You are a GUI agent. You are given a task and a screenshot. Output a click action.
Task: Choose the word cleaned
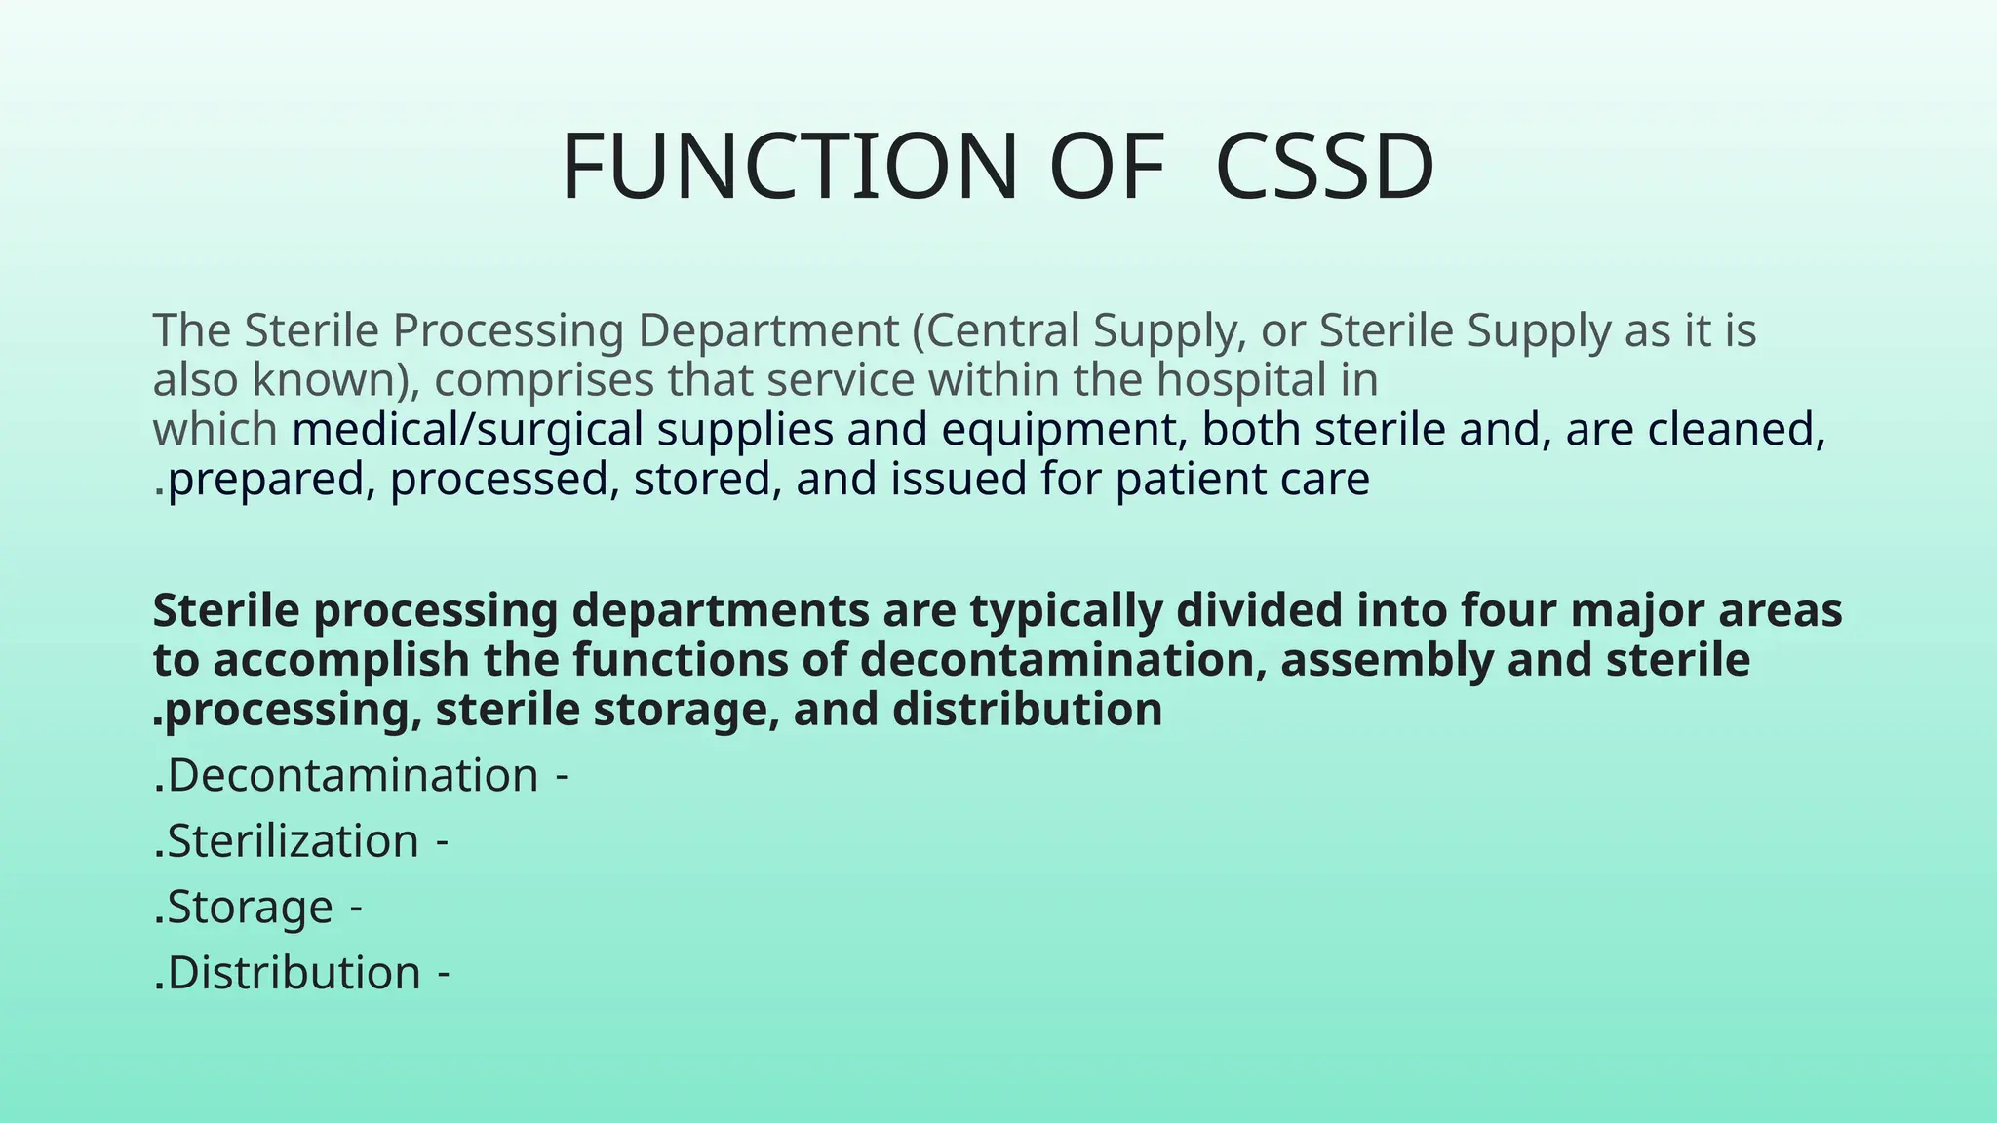pos(1747,430)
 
